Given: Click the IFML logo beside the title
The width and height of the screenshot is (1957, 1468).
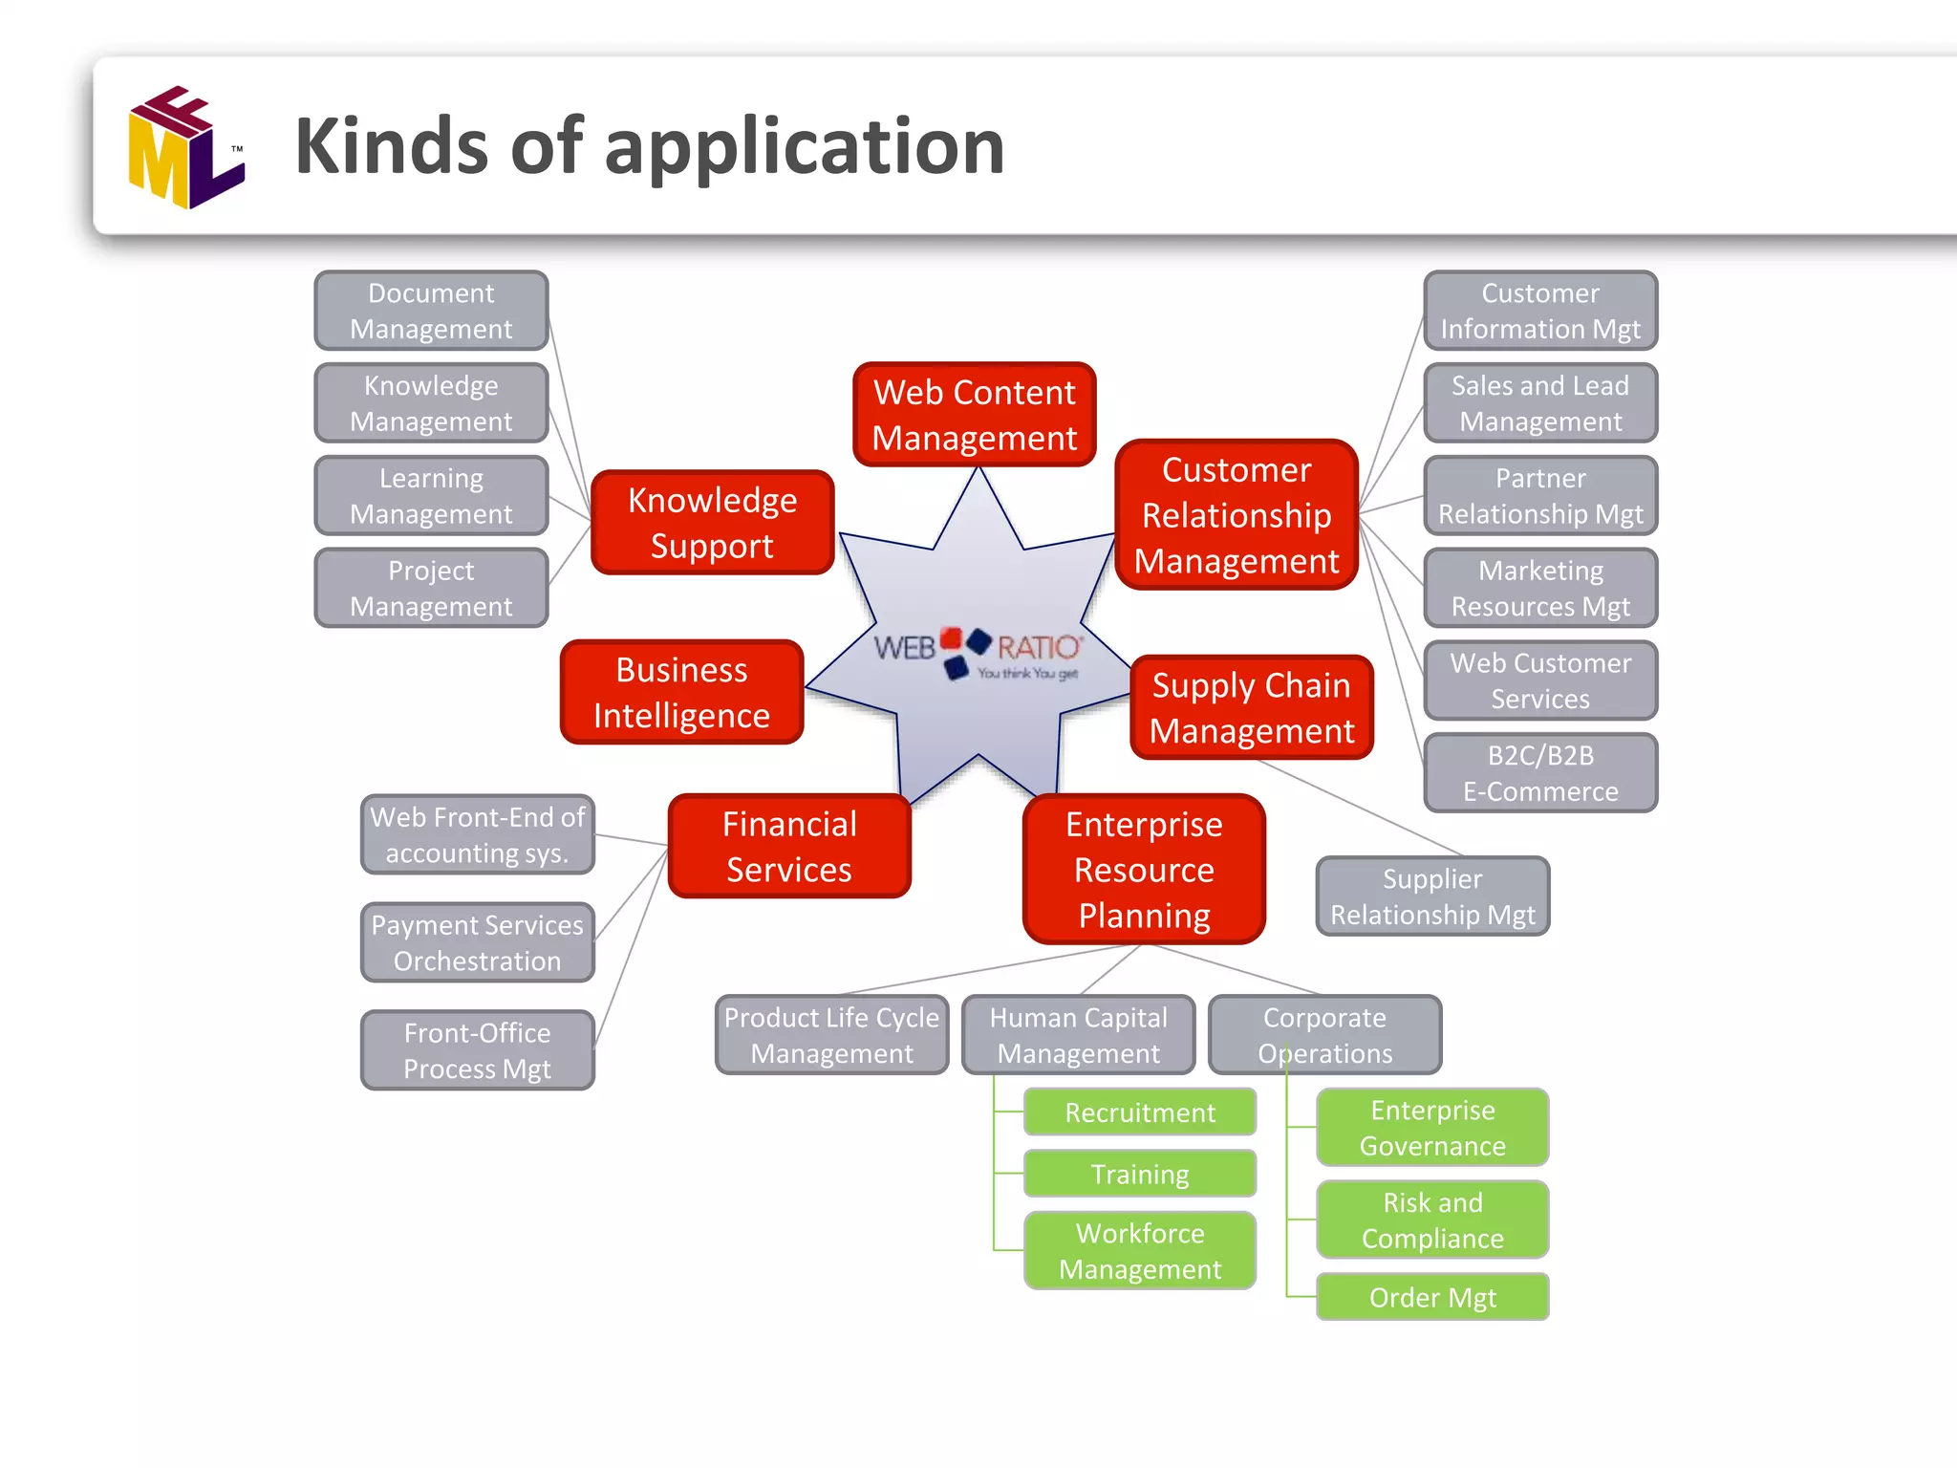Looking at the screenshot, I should pyautogui.click(x=185, y=147).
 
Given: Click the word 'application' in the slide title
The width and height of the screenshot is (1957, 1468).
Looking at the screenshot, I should pyautogui.click(x=804, y=147).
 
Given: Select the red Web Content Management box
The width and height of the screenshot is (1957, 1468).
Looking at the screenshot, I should pyautogui.click(x=974, y=415).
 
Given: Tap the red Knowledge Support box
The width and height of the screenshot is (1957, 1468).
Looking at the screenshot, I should pyautogui.click(x=712, y=522).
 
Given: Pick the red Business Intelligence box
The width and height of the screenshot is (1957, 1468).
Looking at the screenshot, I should pyautogui.click(x=681, y=692).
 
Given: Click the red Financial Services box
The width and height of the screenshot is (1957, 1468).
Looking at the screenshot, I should pyautogui.click(x=789, y=846).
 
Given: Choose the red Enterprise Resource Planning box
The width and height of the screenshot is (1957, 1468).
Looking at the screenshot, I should pyautogui.click(x=1144, y=869).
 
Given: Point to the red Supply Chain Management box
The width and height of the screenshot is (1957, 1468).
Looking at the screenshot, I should pyautogui.click(x=1251, y=707).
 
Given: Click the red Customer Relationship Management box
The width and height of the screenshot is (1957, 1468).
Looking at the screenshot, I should pyautogui.click(x=1237, y=515).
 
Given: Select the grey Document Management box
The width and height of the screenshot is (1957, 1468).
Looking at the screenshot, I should pyautogui.click(x=431, y=311).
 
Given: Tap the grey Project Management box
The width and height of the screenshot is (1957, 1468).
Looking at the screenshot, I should pyautogui.click(x=431, y=588).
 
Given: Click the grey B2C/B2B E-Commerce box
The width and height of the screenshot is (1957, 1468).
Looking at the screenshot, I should pyautogui.click(x=1540, y=773).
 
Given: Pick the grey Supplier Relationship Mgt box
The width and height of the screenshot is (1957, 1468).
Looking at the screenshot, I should pyautogui.click(x=1432, y=896).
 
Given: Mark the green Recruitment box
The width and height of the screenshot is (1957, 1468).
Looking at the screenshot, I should pyautogui.click(x=1140, y=1112).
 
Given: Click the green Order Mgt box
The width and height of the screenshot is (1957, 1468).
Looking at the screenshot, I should pyautogui.click(x=1432, y=1297).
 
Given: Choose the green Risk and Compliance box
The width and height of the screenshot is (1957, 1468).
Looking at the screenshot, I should pyautogui.click(x=1432, y=1220).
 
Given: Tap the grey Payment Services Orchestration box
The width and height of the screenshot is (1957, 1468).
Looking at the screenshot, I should pyautogui.click(x=477, y=942).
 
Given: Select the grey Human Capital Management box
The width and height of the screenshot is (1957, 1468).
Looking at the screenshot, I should pyautogui.click(x=1078, y=1035).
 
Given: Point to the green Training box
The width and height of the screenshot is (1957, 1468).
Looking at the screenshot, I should pyautogui.click(x=1140, y=1174).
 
